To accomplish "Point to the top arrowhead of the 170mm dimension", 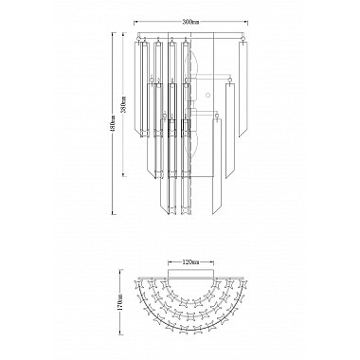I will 120,270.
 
